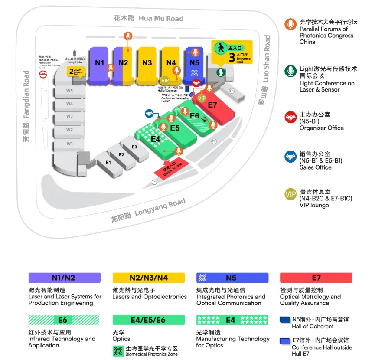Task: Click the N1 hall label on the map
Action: coord(100,63)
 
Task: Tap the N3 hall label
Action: coord(147,63)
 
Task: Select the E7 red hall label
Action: coord(212,105)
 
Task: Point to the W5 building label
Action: coord(69,91)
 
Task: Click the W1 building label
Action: coord(69,143)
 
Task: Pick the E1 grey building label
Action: coord(108,162)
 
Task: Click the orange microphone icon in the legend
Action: coord(290,24)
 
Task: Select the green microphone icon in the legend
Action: coord(290,71)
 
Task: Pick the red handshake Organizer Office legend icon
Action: coord(290,117)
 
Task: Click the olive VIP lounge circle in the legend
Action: coord(290,194)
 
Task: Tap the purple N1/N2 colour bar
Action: coord(65,278)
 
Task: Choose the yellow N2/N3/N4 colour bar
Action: coord(149,278)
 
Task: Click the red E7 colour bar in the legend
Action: coord(316,278)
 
